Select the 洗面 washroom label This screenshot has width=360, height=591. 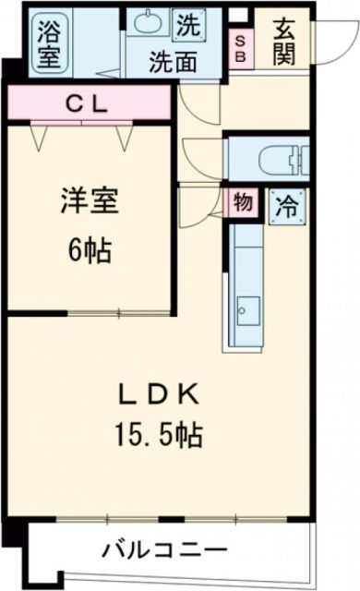pyautogui.click(x=173, y=65)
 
